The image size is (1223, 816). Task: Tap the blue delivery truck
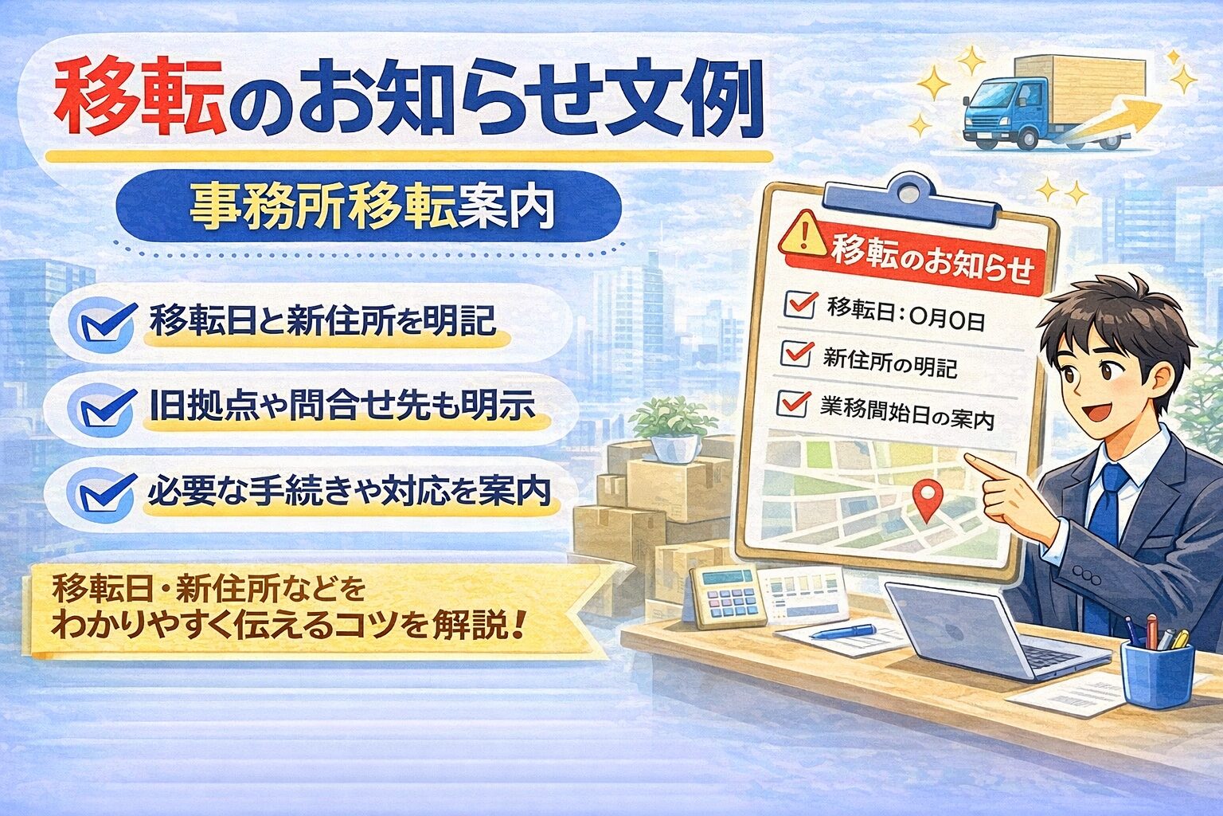pyautogui.click(x=1035, y=104)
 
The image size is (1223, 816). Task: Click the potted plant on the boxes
pyautogui.click(x=673, y=426)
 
